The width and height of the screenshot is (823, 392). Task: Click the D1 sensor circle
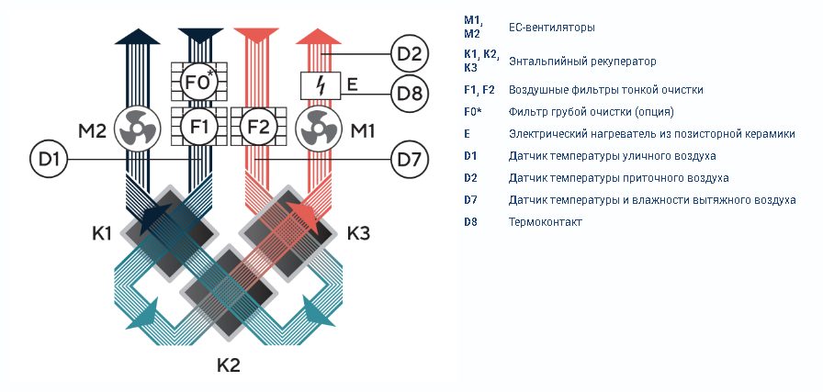point(49,159)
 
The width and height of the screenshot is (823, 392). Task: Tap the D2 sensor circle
point(410,53)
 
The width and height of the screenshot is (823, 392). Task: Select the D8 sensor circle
point(410,94)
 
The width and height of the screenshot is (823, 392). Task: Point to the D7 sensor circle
point(410,159)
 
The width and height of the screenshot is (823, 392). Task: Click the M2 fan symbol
point(136,129)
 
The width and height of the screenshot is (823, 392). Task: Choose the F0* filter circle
point(199,82)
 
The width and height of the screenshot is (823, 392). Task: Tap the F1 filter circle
point(199,127)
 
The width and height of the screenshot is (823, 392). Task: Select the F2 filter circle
point(258,127)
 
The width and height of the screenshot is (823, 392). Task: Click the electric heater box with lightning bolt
point(321,85)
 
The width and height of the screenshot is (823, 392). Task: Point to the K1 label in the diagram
point(102,233)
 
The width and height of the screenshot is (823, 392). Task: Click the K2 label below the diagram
point(229,364)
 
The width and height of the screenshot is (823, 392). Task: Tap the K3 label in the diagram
point(358,233)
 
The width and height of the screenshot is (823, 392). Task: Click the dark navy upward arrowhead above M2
point(138,36)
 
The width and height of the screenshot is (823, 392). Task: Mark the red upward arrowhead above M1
point(318,36)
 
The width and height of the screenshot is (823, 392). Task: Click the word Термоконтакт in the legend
point(546,222)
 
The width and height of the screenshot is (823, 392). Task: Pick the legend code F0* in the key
point(473,112)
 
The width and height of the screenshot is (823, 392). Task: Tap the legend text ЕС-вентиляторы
point(552,28)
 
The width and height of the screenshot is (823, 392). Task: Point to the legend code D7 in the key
point(471,200)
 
